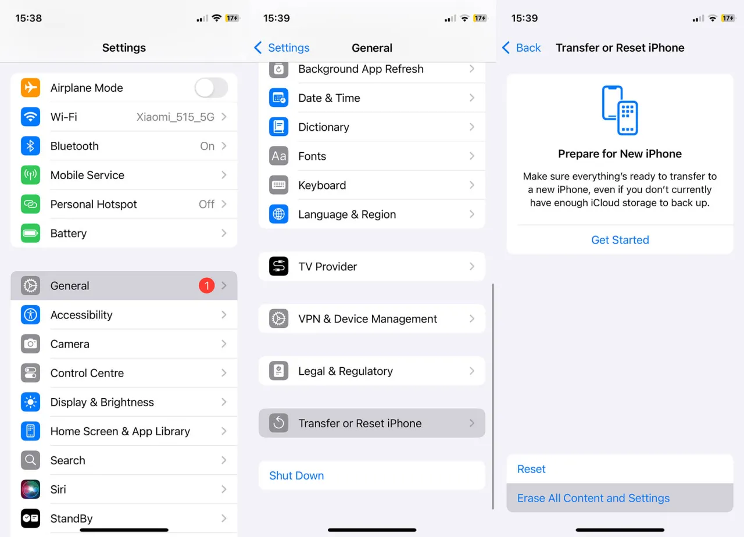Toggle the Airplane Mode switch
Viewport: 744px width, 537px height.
coord(211,88)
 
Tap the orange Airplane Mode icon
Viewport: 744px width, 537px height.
coord(31,88)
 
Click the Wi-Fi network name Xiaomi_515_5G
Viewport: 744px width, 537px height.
coord(176,117)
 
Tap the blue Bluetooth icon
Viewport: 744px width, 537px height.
coord(31,146)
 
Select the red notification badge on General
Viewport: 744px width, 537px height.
coord(206,285)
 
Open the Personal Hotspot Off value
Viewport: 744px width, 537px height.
coord(206,204)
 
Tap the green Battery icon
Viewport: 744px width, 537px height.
coord(31,233)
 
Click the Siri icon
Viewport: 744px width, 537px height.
coord(31,489)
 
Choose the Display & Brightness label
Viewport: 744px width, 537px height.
coord(102,402)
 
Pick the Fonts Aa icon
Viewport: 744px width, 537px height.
coord(278,156)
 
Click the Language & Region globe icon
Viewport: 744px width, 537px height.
coord(278,214)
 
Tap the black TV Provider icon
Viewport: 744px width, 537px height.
coord(278,266)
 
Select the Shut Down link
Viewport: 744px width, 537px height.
coord(296,475)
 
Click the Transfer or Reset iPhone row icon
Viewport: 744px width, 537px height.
coord(278,423)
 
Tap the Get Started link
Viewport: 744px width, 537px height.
coord(620,240)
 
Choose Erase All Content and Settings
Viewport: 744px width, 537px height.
coord(593,498)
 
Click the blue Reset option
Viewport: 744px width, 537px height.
coord(531,469)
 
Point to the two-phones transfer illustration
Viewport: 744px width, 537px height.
coord(620,110)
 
